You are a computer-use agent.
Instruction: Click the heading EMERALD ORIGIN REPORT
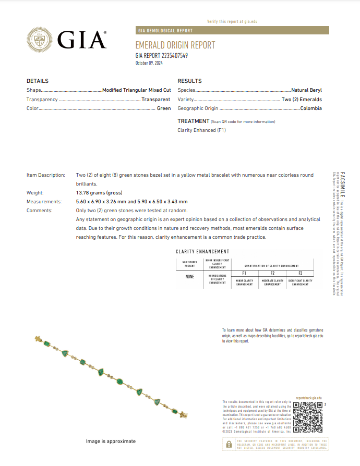175,45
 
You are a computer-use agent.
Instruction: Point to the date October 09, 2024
149,63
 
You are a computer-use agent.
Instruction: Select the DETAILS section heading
38,81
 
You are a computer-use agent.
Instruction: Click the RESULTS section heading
189,81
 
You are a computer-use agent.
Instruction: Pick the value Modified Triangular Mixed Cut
136,90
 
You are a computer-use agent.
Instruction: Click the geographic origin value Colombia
311,108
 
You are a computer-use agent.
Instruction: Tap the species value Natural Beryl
306,90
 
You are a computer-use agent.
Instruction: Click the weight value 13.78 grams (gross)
99,193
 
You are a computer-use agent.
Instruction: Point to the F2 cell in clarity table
272,273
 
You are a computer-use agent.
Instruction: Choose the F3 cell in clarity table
300,273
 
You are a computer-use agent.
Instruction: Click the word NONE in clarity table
189,277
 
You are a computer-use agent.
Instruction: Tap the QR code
308,418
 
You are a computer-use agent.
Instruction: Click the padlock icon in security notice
229,444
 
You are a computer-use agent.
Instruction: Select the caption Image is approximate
111,442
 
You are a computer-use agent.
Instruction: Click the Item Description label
46,175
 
